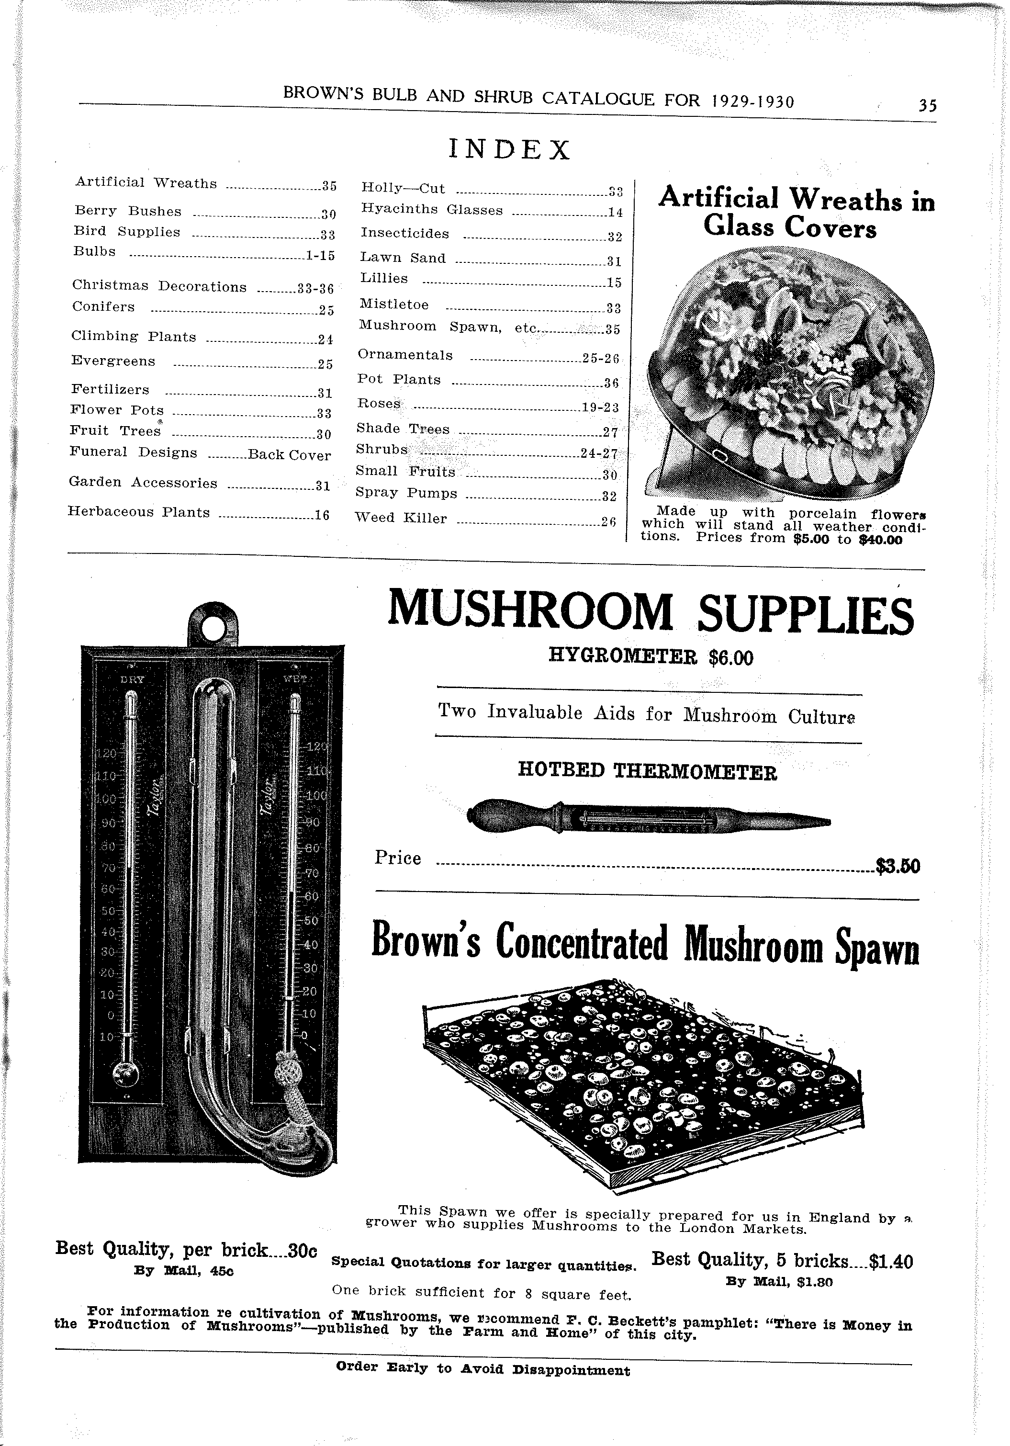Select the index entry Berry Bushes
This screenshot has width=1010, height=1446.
(x=128, y=211)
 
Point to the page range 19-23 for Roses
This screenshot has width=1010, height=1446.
(x=600, y=407)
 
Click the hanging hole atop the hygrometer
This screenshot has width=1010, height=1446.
(x=214, y=625)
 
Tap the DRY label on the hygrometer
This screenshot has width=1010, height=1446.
(x=132, y=679)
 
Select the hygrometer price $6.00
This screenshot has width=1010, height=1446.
(x=730, y=659)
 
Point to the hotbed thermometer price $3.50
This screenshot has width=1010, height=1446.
(x=898, y=867)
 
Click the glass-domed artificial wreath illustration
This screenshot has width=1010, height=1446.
(x=790, y=372)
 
